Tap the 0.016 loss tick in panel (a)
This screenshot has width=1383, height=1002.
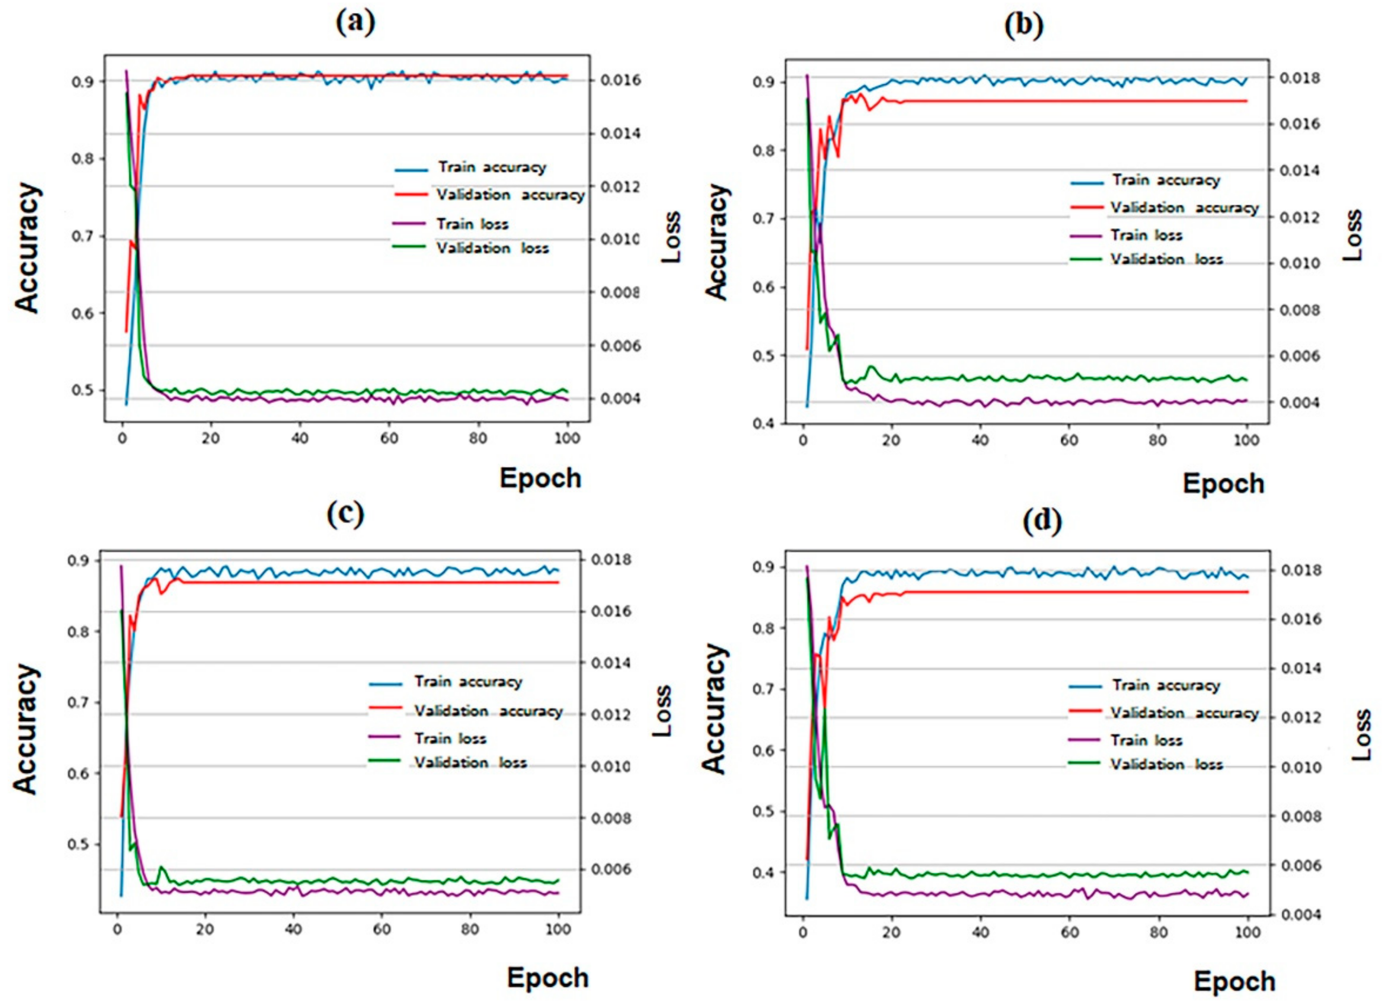coord(620,80)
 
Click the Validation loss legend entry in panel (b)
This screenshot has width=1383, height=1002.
coord(1166,259)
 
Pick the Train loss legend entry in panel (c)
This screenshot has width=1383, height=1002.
coord(450,739)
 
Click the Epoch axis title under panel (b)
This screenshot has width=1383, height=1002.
coord(1223,483)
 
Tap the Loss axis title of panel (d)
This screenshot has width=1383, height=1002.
coord(1361,734)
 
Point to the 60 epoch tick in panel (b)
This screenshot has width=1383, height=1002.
coord(1069,440)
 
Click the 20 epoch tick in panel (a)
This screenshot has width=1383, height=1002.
coord(211,438)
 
